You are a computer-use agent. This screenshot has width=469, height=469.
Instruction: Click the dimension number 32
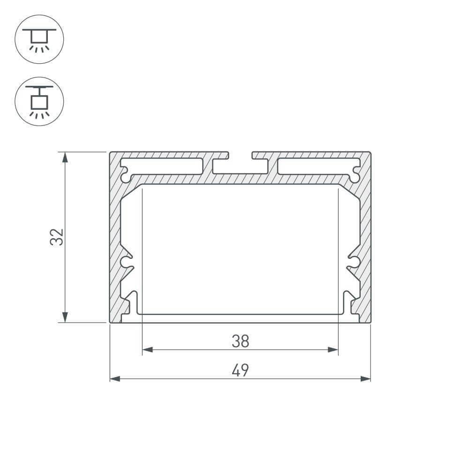click(x=57, y=237)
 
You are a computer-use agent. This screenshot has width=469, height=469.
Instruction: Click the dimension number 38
click(x=240, y=341)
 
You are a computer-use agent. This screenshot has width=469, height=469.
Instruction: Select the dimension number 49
click(x=240, y=371)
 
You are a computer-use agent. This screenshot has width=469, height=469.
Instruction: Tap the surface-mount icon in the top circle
click(x=39, y=39)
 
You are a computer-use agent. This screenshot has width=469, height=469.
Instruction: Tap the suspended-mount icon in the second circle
click(x=39, y=101)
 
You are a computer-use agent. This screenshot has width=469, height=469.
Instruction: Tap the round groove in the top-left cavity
click(x=126, y=177)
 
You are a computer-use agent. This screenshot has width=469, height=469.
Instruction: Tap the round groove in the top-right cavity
click(x=355, y=177)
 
